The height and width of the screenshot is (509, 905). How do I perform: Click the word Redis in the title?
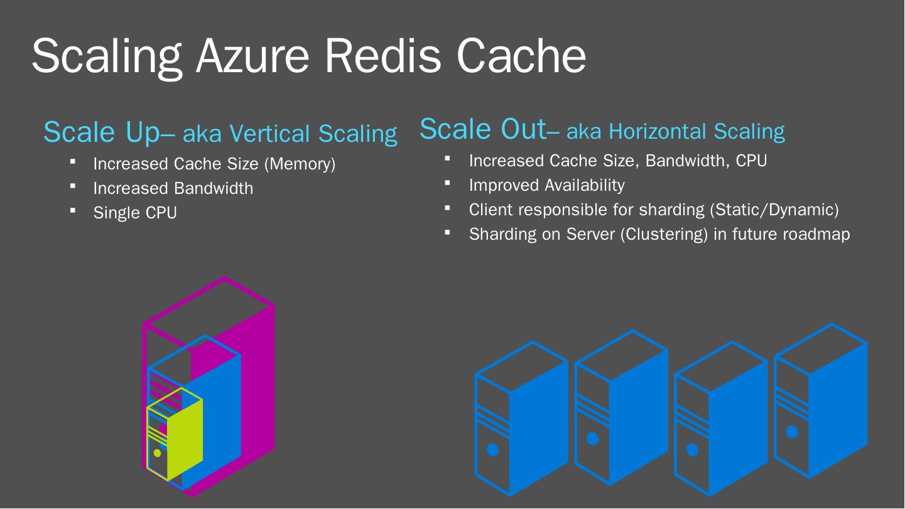382,55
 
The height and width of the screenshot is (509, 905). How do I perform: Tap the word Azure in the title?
251,55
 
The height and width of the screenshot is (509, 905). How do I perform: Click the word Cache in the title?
521,55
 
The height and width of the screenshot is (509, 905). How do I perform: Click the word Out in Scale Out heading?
523,129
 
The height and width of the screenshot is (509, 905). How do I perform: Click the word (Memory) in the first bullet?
300,164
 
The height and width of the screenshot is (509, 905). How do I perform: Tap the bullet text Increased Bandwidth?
173,188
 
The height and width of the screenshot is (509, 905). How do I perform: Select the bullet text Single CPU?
135,213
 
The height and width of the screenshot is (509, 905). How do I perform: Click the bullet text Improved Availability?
546,185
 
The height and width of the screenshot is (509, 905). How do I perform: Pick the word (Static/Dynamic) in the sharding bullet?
774,210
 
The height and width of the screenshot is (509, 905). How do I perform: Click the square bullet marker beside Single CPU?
73,210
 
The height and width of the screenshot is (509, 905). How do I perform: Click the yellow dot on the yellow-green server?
157,453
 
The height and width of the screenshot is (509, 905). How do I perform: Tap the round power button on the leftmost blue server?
493,449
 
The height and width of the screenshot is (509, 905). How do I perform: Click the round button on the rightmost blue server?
792,432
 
